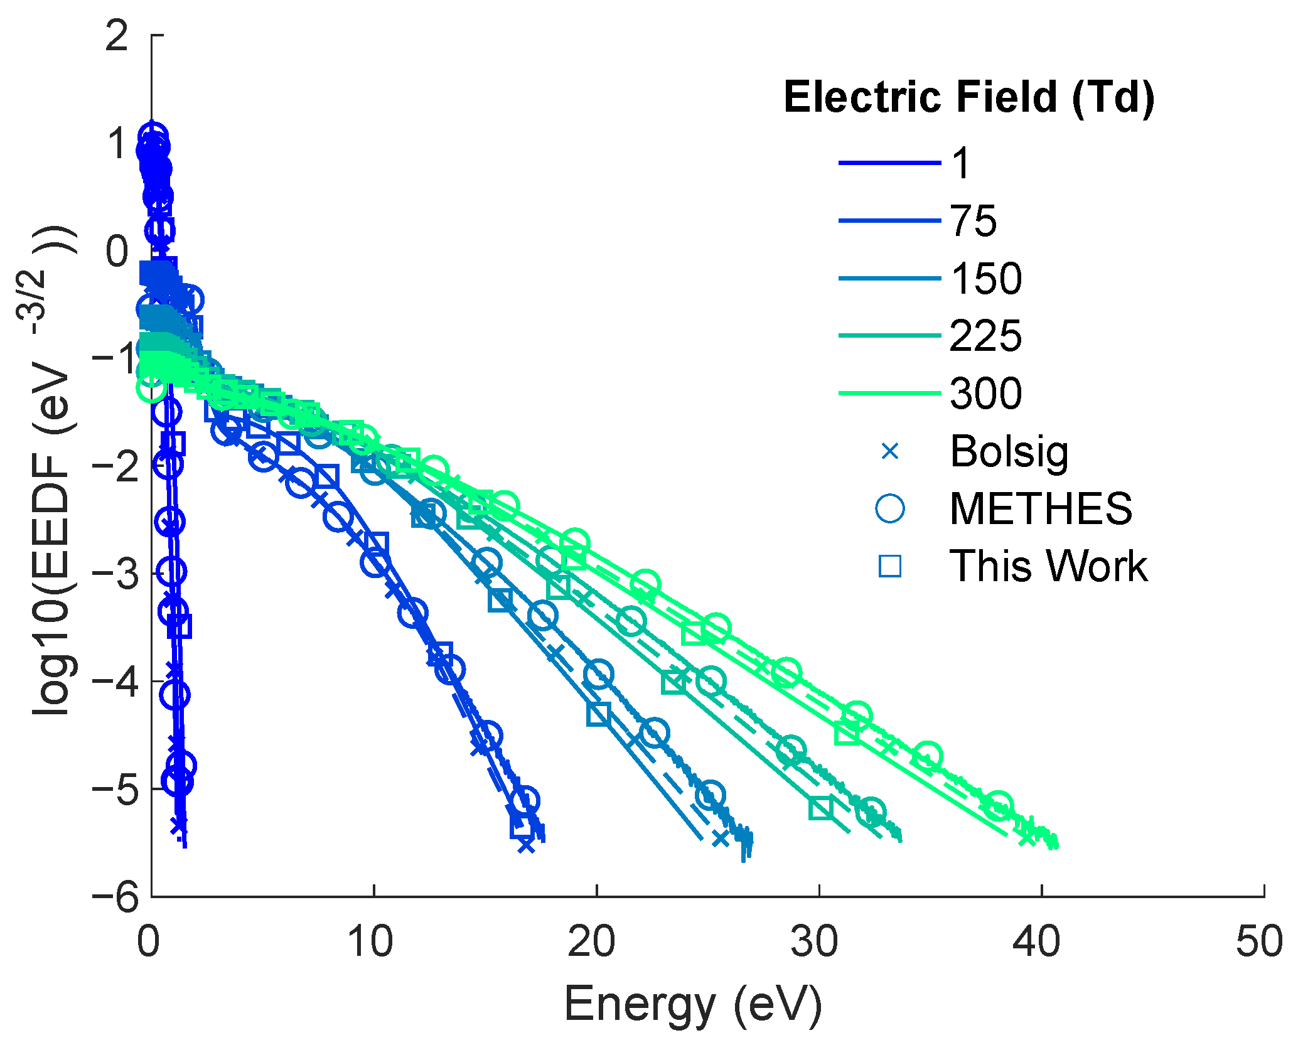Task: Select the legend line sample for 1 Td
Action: (x=889, y=163)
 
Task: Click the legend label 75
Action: (x=973, y=221)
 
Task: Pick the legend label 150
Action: (x=986, y=279)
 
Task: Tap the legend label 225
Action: (x=986, y=336)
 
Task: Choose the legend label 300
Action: (x=986, y=394)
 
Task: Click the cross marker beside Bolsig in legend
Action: (x=890, y=451)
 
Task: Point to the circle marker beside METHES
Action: (x=890, y=508)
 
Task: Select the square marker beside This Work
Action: (x=890, y=566)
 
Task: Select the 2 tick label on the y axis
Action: (x=117, y=36)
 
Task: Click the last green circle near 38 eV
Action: (x=999, y=806)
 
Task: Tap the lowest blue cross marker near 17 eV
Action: (x=526, y=845)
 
